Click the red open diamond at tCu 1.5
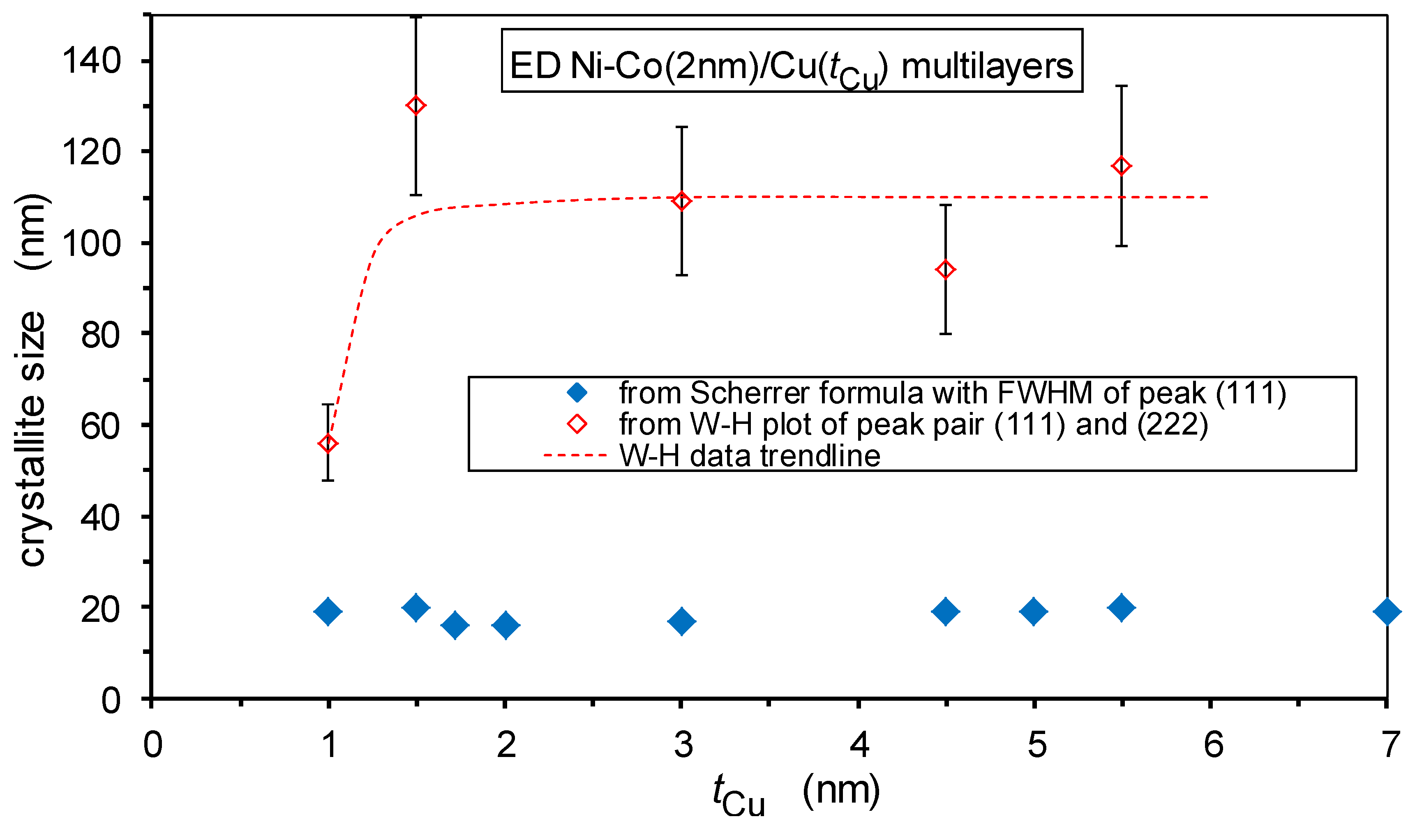point(416,106)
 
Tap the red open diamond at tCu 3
point(682,201)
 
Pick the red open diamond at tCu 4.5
point(946,269)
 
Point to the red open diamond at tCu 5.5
point(1121,166)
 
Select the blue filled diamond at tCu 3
point(682,621)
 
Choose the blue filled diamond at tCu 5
point(1033,611)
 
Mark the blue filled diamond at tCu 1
point(328,611)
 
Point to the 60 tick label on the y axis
point(100,426)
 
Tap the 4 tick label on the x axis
point(859,745)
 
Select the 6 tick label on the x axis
point(1213,745)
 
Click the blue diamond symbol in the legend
point(577,392)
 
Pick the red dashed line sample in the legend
point(575,455)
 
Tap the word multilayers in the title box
point(987,66)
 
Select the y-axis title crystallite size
point(32,438)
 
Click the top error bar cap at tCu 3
point(682,127)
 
